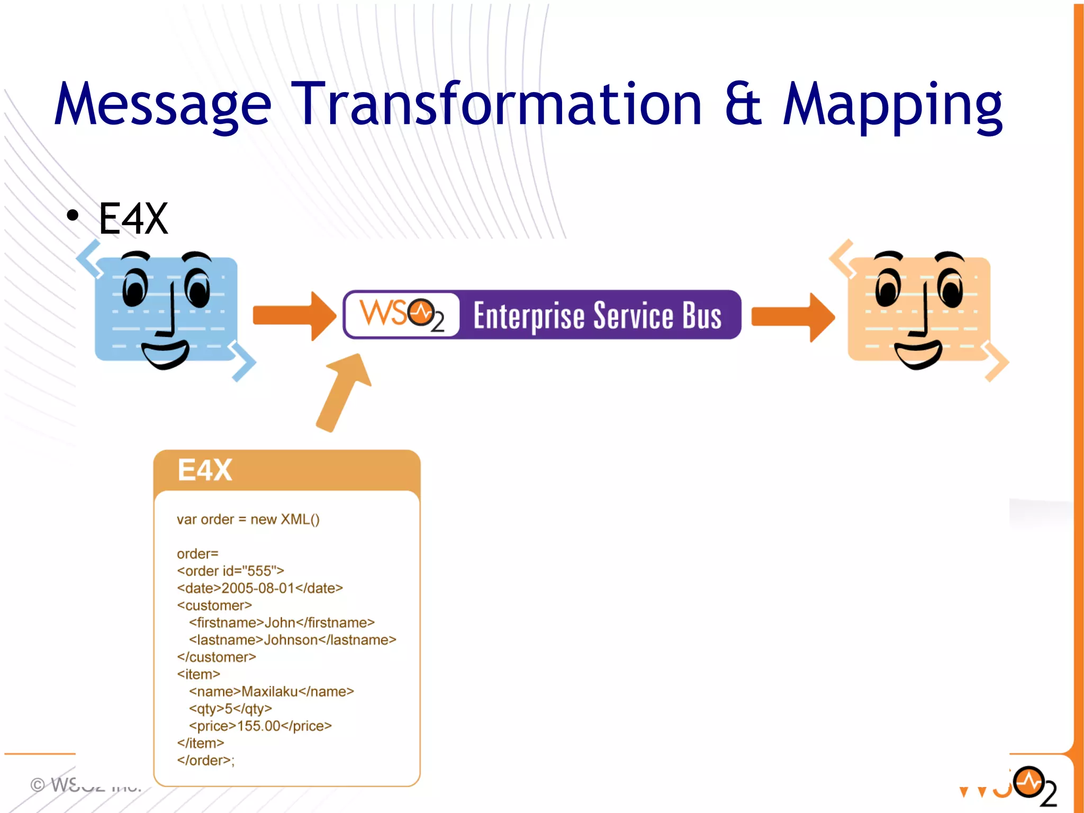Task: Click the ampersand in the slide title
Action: coord(743,104)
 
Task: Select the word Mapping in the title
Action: coord(892,104)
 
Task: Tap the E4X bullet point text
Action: coord(133,219)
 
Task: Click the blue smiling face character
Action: coord(166,310)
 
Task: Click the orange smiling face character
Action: coord(919,310)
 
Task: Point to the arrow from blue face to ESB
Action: coord(294,316)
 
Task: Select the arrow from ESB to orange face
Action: coord(793,316)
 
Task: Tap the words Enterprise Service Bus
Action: coord(597,316)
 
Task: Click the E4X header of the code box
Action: coord(205,470)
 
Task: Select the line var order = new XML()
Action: coord(248,520)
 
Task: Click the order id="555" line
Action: coord(230,571)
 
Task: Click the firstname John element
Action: coord(282,623)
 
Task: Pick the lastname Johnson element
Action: coord(292,640)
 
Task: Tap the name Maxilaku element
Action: coord(271,692)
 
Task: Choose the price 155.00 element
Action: coord(260,726)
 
